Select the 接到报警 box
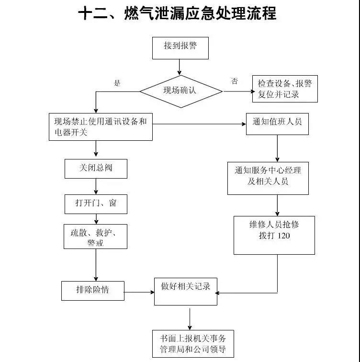pos(180,46)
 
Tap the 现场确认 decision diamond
pos(180,90)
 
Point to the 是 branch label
pos(117,83)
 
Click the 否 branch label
pos(235,81)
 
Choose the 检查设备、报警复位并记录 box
pos(285,89)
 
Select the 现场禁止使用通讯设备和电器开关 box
pos(101,127)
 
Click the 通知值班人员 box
pos(277,122)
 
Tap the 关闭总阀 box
pos(96,169)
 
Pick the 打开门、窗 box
pos(96,203)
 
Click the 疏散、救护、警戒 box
pos(96,237)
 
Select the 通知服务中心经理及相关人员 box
pos(268,178)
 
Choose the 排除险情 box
pos(92,290)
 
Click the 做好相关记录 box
pos(186,291)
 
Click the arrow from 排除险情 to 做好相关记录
pos(139,291)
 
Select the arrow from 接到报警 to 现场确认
pos(180,67)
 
